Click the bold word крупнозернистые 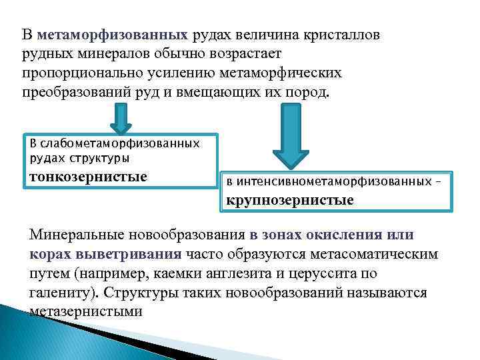(x=290, y=199)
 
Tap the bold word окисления (x=346, y=235)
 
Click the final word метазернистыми (x=86, y=311)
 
